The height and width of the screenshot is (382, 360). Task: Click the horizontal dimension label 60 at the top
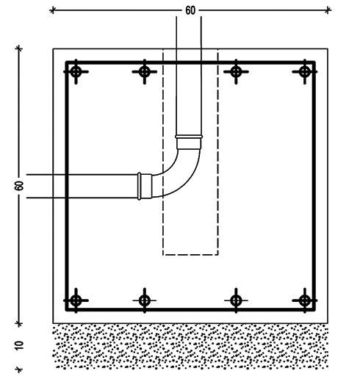click(190, 10)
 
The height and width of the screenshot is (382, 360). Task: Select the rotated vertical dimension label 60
click(19, 186)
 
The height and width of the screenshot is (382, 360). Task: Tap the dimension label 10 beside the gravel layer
click(19, 345)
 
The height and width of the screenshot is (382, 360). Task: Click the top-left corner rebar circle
click(76, 72)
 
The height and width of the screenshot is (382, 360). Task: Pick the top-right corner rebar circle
click(305, 72)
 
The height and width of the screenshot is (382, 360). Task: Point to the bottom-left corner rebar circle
click(76, 300)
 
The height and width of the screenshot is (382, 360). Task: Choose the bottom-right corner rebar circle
click(305, 300)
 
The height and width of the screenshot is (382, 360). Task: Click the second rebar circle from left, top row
click(145, 72)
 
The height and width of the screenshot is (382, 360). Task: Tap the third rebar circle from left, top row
click(236, 72)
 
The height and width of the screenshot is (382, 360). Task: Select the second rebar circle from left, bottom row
click(145, 300)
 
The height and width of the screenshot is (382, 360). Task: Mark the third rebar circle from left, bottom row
click(236, 300)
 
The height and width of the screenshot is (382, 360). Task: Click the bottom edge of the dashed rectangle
click(190, 255)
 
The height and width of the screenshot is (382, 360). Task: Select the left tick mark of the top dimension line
click(52, 10)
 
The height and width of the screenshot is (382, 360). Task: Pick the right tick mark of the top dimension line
click(328, 10)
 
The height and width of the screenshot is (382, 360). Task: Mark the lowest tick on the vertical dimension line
click(19, 369)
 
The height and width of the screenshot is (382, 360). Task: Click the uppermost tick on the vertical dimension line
click(19, 48)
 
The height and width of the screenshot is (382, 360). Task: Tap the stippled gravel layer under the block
click(190, 346)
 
